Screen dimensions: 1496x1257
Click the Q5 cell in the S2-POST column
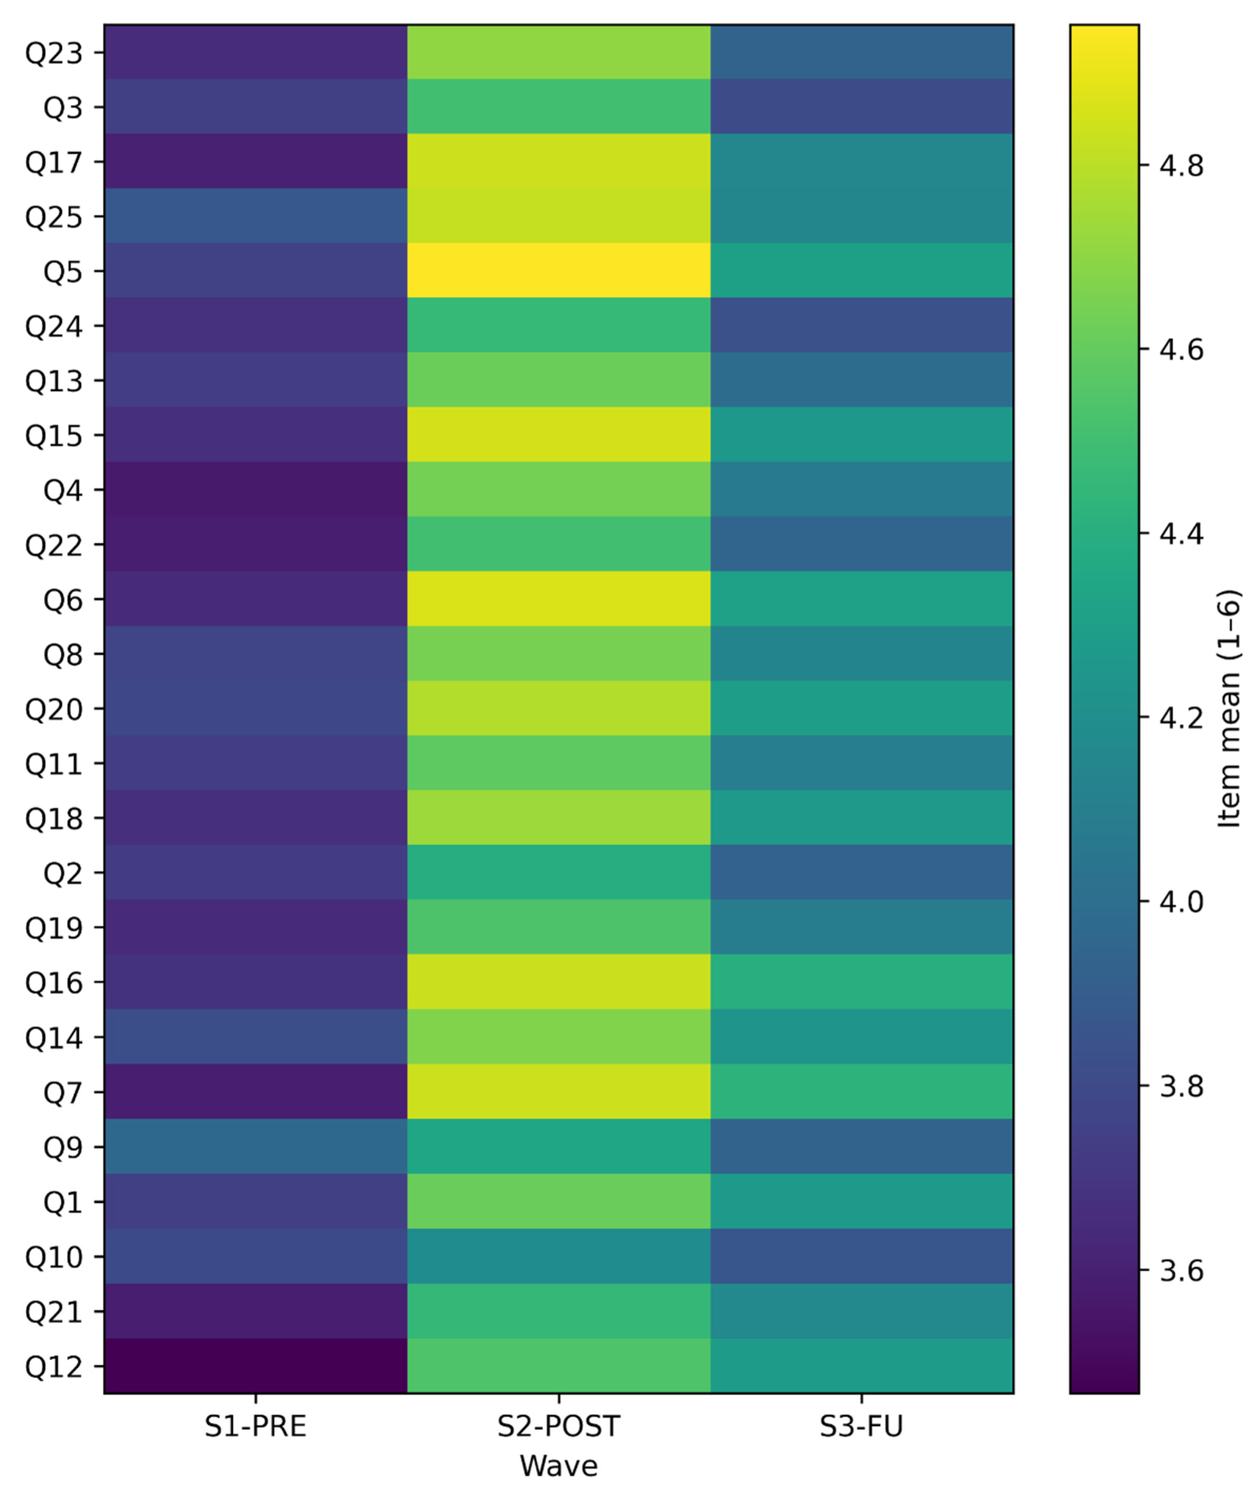[x=559, y=271]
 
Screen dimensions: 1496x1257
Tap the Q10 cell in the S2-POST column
[x=559, y=1257]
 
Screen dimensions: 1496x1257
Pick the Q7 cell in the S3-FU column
[x=861, y=1092]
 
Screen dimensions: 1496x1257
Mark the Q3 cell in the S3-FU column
[x=861, y=107]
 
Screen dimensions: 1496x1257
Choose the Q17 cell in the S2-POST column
[x=559, y=162]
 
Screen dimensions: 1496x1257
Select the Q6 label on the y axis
[x=63, y=600]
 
